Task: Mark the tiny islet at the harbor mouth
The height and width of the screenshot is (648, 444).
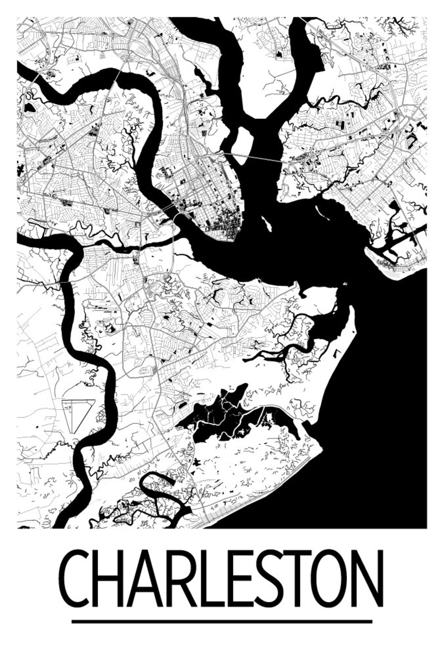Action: [345, 284]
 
